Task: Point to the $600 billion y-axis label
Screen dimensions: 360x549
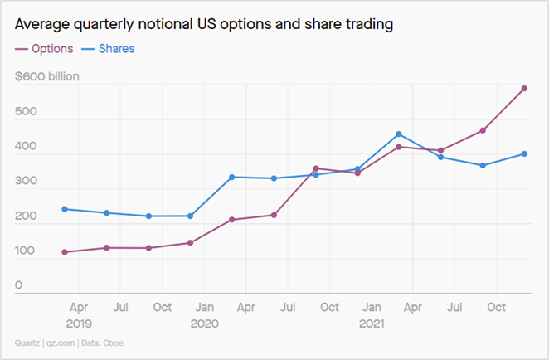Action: point(47,77)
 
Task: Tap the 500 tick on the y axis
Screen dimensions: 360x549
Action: point(26,112)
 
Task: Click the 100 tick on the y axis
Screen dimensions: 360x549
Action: point(26,251)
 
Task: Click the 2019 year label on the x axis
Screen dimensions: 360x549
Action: point(79,324)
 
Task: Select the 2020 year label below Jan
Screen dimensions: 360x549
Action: point(204,324)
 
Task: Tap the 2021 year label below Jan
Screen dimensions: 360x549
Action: point(372,324)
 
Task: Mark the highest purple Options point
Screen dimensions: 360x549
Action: point(524,88)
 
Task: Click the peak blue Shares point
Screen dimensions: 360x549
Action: point(399,134)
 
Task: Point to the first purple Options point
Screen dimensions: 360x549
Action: point(65,252)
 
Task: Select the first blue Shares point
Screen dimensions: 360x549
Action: point(65,209)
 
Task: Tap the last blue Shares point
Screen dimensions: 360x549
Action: point(524,153)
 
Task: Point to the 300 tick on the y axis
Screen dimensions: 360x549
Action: point(26,182)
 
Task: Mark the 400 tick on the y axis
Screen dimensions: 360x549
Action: point(26,147)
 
